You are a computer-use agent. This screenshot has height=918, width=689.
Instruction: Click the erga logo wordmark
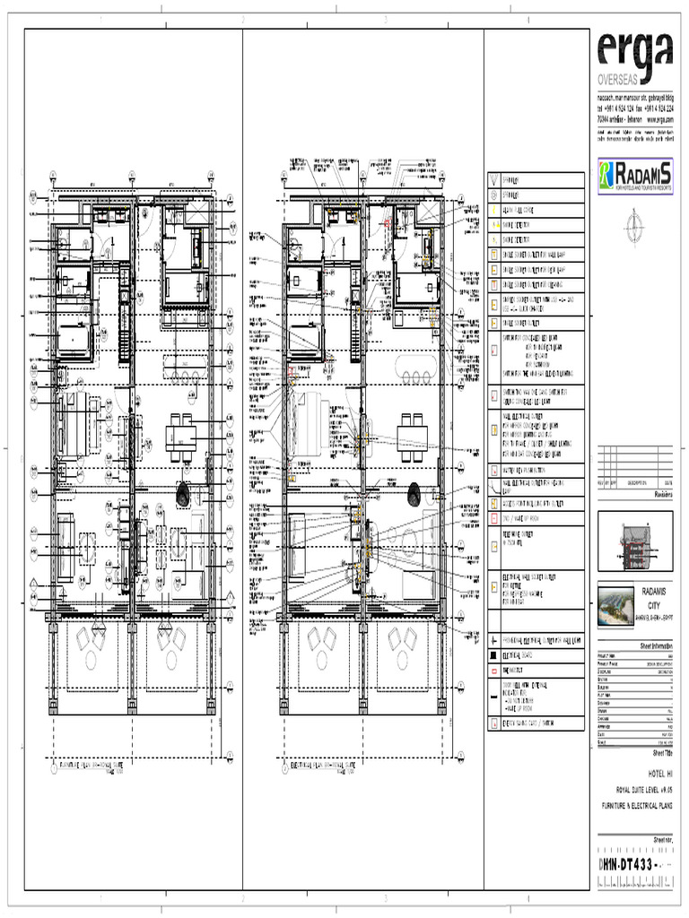point(634,55)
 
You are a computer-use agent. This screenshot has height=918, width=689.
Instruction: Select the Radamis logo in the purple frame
point(634,175)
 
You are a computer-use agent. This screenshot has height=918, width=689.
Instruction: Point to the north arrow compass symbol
point(635,221)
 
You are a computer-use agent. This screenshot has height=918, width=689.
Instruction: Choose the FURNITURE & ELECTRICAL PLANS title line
point(636,806)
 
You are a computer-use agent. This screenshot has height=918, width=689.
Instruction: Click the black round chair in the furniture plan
point(184,492)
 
